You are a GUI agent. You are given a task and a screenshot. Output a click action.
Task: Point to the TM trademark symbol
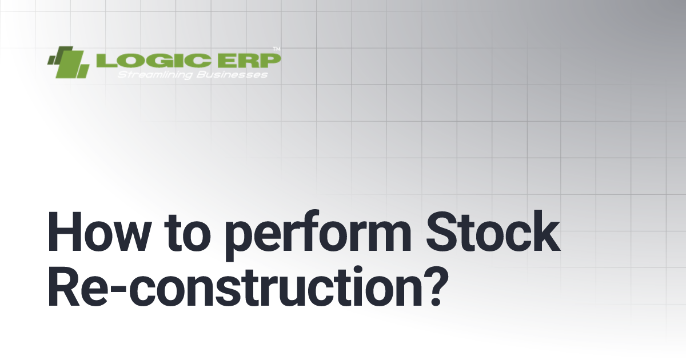[x=277, y=49]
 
